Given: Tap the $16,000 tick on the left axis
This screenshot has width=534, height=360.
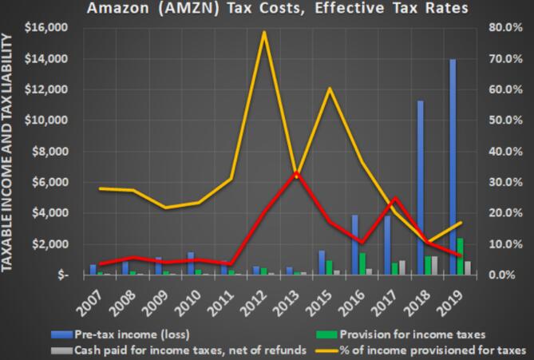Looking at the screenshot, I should point(47,28).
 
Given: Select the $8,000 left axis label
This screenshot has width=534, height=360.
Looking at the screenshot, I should point(49,152).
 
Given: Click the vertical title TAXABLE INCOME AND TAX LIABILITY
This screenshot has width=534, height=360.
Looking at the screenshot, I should point(10,152).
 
